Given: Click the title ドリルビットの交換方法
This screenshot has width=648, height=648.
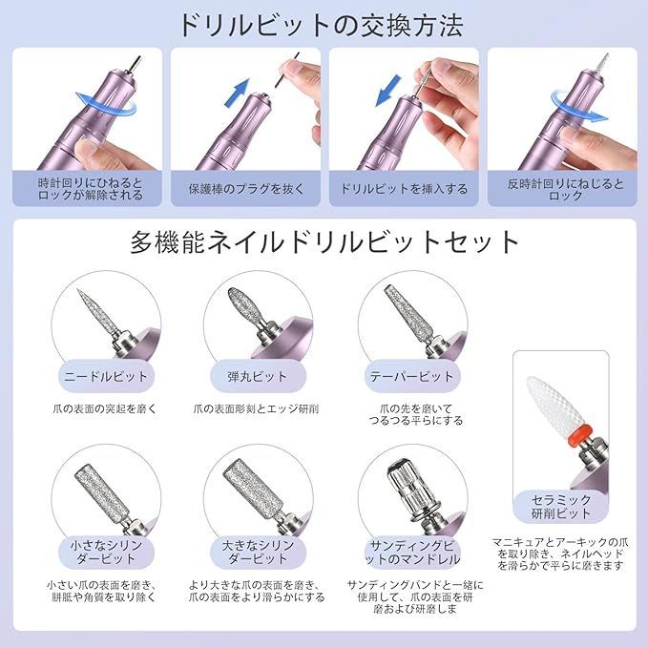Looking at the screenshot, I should [324, 23].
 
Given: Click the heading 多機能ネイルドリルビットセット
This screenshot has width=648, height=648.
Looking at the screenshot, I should [324, 241].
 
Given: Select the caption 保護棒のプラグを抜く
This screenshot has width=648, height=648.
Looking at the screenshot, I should [244, 189].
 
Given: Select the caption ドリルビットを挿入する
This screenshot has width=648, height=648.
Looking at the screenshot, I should [403, 189].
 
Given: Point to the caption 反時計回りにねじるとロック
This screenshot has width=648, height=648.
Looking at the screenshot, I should [561, 188].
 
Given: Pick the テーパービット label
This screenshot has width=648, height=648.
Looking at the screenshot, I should [412, 375].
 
